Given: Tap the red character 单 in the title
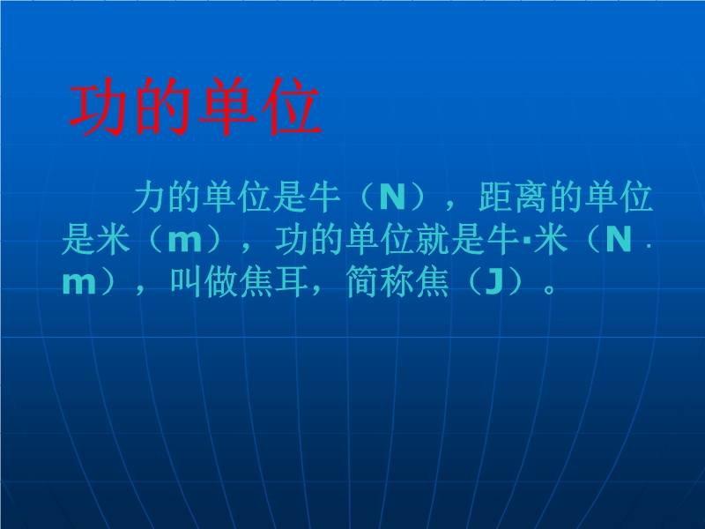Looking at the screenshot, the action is pyautogui.click(x=226, y=108).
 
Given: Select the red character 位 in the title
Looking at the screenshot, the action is pyautogui.click(x=293, y=108).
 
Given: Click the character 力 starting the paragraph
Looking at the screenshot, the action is pyautogui.click(x=149, y=197).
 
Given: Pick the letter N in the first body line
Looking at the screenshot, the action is pyautogui.click(x=392, y=197).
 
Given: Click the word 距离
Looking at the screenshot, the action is pyautogui.click(x=513, y=197).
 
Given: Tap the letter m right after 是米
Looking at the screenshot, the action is pyautogui.click(x=184, y=241).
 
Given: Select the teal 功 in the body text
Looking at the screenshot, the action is pyautogui.click(x=292, y=239).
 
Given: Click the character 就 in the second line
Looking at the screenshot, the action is pyautogui.click(x=433, y=239).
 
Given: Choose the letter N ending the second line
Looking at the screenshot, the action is pyautogui.click(x=619, y=240).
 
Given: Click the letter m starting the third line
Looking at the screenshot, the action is pyautogui.click(x=79, y=283).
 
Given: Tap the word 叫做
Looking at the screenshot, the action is pyautogui.click(x=204, y=282).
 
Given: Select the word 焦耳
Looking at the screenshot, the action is pyautogui.click(x=274, y=282).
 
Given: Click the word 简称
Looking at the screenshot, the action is pyautogui.click(x=382, y=282).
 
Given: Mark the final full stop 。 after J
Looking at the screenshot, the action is pyautogui.click(x=549, y=289).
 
